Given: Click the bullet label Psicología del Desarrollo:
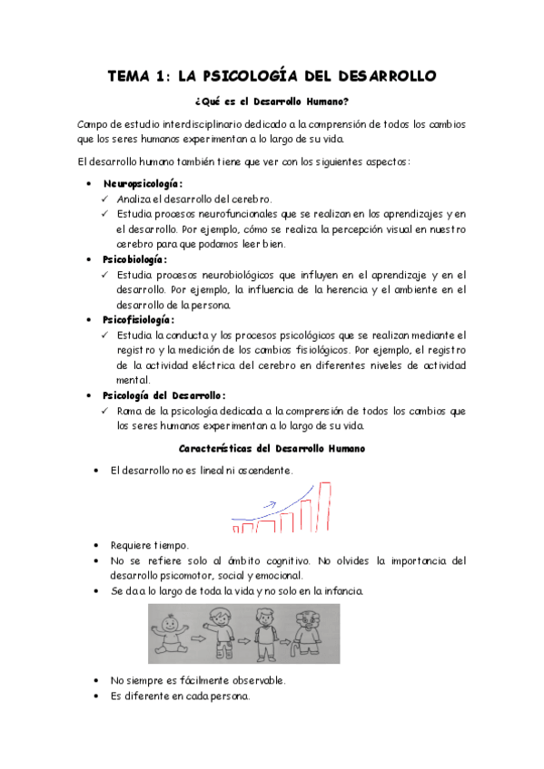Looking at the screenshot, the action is [164, 395].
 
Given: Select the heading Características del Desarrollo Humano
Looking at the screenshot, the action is [272, 448].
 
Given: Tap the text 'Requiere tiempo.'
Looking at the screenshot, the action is [149, 545].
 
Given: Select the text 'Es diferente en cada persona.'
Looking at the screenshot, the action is [180, 696].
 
